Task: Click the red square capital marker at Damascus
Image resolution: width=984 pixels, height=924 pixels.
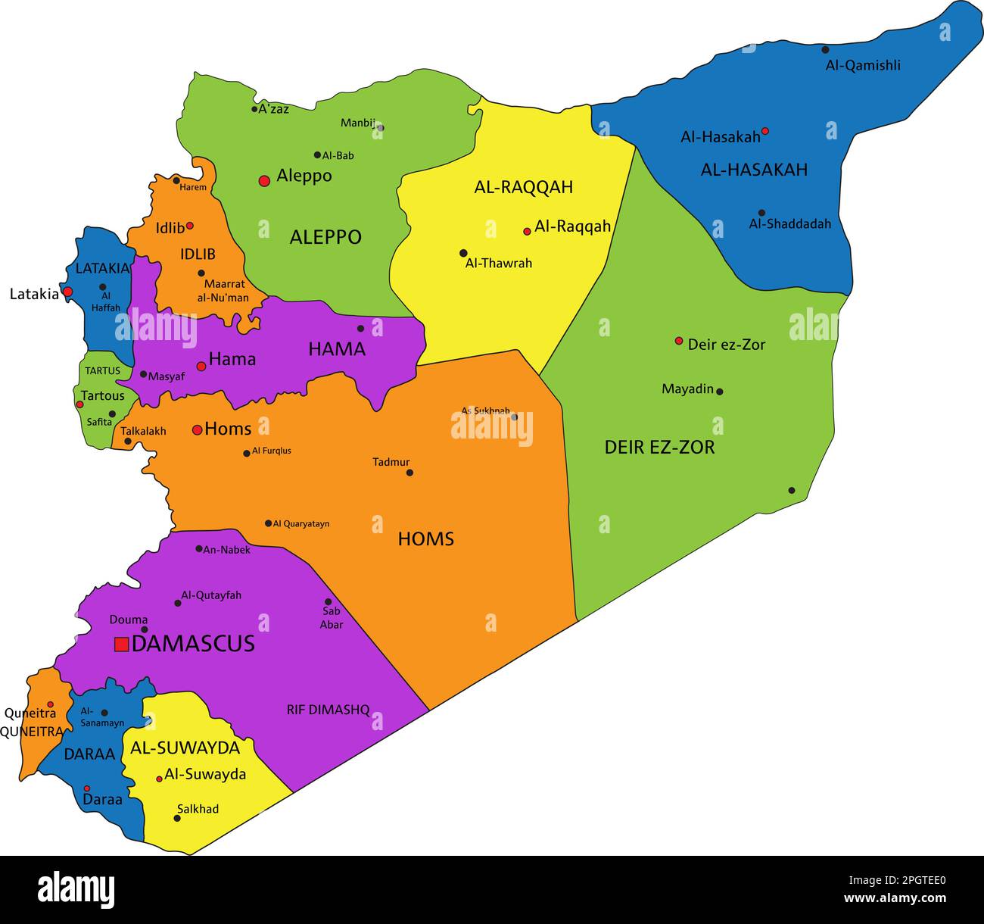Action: pos(121,645)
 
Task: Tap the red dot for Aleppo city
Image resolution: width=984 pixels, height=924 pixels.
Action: pos(264,181)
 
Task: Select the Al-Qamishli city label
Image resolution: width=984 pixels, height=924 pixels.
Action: pos(863,65)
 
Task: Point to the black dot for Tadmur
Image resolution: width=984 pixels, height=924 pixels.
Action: pos(409,473)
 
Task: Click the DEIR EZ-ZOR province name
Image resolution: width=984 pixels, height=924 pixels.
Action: pos(659,448)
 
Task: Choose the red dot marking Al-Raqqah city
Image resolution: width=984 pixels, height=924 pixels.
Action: pos(527,231)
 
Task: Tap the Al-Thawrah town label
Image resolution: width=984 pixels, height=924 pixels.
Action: pos(499,264)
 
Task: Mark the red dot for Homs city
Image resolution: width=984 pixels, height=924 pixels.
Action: pos(197,430)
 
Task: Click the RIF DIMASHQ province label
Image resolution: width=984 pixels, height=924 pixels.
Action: pos(328,710)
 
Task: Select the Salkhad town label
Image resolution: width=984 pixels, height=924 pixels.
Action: pos(198,809)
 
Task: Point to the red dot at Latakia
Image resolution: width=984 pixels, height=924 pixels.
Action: pos(67,292)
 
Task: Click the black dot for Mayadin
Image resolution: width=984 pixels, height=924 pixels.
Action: pos(719,392)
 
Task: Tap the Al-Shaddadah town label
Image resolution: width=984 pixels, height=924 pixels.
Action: pos(789,224)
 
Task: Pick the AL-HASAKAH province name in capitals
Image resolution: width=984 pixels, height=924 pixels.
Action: pos(754,170)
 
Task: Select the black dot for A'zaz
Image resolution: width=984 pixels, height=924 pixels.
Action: pos(254,109)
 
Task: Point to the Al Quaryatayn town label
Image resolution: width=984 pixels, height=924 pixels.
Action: pos(300,523)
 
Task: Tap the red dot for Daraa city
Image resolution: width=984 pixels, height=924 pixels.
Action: pos(87,788)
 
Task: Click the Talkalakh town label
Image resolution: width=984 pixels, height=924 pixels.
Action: pos(143,431)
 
